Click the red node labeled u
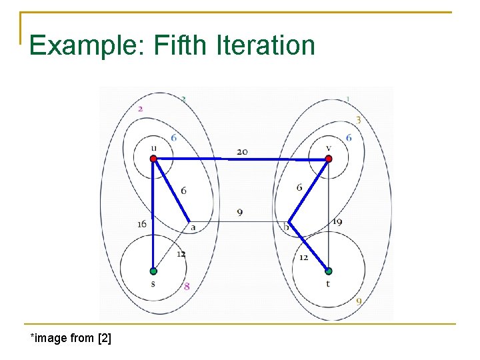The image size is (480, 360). pos(153,159)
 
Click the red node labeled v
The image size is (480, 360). pos(328,159)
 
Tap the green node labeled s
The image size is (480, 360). pos(153,271)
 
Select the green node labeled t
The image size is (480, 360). pos(328,271)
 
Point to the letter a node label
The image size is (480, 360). pos(193,228)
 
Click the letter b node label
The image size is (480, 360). pos(286,228)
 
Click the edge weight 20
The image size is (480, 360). pos(242,152)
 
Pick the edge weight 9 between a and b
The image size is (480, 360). pos(239,213)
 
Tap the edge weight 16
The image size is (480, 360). pos(141,224)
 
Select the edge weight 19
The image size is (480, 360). pos(337,221)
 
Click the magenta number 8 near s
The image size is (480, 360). pos(187,287)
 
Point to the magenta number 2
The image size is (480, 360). pos(140,109)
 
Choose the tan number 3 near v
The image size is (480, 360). pos(358,120)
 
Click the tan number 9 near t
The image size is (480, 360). pos(359,301)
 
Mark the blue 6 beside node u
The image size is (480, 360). pos(173,137)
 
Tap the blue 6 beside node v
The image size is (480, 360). pos(348,137)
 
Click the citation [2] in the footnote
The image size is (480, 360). pos(104,338)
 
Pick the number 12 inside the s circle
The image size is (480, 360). pos(181,254)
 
